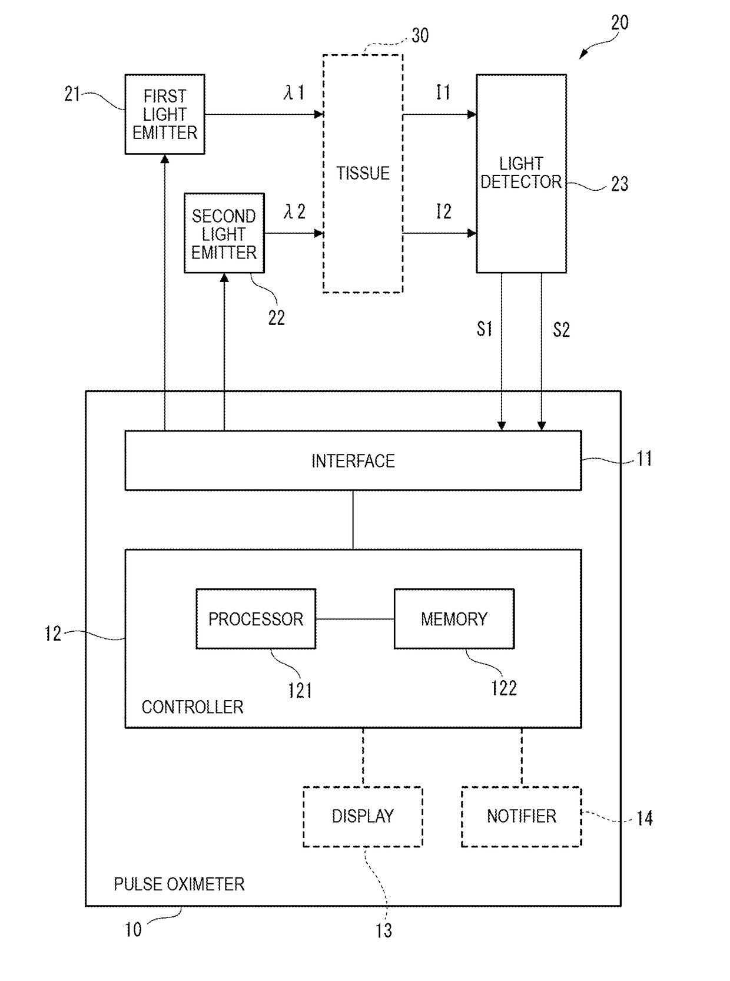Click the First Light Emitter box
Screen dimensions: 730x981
(164, 114)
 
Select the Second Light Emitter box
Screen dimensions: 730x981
(224, 233)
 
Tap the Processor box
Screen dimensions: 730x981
(256, 619)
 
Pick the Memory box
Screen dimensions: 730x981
(454, 619)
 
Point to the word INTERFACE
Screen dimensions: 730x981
(353, 461)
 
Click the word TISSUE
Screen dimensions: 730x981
(363, 173)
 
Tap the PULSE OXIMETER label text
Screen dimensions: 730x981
(179, 884)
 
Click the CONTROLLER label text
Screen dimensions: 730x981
(193, 707)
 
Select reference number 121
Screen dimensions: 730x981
(300, 691)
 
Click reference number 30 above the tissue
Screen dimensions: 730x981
(420, 35)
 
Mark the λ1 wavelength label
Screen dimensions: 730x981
(294, 92)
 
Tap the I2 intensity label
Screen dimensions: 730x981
(444, 211)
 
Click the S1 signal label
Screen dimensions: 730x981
(484, 329)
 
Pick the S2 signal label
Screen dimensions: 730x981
(561, 330)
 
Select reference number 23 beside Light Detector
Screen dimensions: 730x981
(619, 184)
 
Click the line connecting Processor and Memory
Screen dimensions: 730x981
(355, 619)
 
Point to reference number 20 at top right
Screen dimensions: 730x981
(619, 22)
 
